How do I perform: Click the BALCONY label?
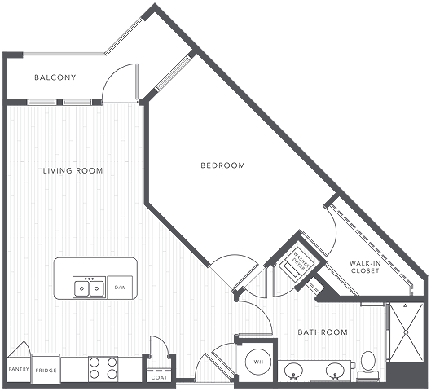tap(55, 77)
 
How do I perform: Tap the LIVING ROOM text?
tap(73, 170)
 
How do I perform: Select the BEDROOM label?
tap(223, 165)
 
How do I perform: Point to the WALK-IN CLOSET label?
tap(365, 267)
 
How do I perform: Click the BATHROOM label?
tap(323, 332)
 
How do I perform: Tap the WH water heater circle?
tap(258, 362)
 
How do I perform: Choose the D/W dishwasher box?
tap(120, 288)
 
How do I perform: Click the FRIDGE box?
tap(46, 369)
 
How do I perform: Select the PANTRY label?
tap(19, 369)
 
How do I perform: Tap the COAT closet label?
tap(159, 377)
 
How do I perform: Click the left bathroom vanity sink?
tap(293, 371)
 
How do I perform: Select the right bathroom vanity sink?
tap(335, 371)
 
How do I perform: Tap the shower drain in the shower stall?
tap(406, 332)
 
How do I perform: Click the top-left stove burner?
tap(95, 362)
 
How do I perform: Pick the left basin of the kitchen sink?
tap(81, 288)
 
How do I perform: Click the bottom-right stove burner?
tap(112, 374)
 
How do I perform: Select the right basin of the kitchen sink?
tap(96, 288)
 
